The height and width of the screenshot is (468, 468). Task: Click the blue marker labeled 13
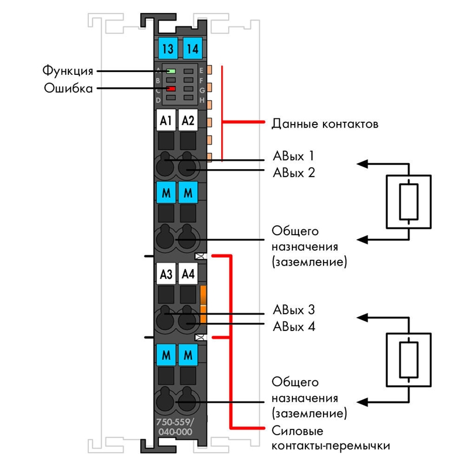click(x=168, y=49)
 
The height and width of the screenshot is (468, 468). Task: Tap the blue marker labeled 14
click(x=192, y=49)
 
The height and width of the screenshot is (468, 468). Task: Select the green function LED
click(x=171, y=71)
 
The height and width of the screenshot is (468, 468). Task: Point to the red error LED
click(x=171, y=89)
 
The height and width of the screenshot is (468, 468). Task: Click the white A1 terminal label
click(x=166, y=121)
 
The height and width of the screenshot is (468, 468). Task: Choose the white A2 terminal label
click(x=188, y=121)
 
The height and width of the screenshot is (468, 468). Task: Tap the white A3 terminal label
click(x=166, y=274)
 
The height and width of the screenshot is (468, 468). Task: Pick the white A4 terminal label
click(x=188, y=274)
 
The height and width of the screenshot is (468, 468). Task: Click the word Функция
click(x=68, y=71)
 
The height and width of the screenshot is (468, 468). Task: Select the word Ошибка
click(x=68, y=88)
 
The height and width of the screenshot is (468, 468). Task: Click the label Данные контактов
click(x=325, y=123)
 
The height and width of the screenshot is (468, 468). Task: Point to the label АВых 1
click(x=294, y=156)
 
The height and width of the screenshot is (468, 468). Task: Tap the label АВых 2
click(x=294, y=173)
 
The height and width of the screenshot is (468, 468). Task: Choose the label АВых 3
click(x=294, y=310)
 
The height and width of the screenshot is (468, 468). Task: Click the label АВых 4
click(x=294, y=326)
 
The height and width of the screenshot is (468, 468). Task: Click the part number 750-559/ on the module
click(x=175, y=422)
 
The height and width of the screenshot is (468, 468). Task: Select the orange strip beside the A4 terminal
click(x=203, y=304)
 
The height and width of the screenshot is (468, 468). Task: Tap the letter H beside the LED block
click(x=202, y=100)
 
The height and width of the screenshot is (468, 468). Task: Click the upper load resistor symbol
click(x=408, y=202)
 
